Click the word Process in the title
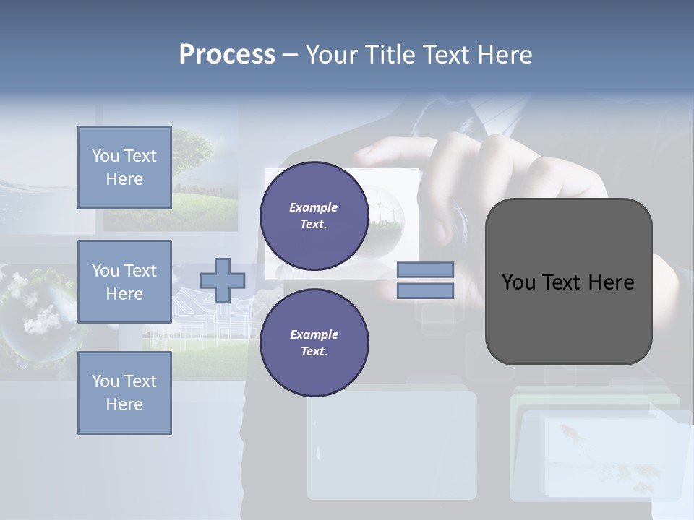tap(227, 55)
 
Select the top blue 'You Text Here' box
tap(124, 168)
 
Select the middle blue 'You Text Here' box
tap(124, 282)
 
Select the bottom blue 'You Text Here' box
tap(124, 392)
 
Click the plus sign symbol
tap(223, 280)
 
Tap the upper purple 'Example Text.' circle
tap(314, 216)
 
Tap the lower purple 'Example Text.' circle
tap(314, 342)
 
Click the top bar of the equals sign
tap(425, 269)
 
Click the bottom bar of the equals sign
tap(425, 290)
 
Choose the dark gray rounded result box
tap(568, 282)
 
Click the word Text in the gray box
tap(568, 282)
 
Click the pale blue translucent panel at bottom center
tap(391, 444)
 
